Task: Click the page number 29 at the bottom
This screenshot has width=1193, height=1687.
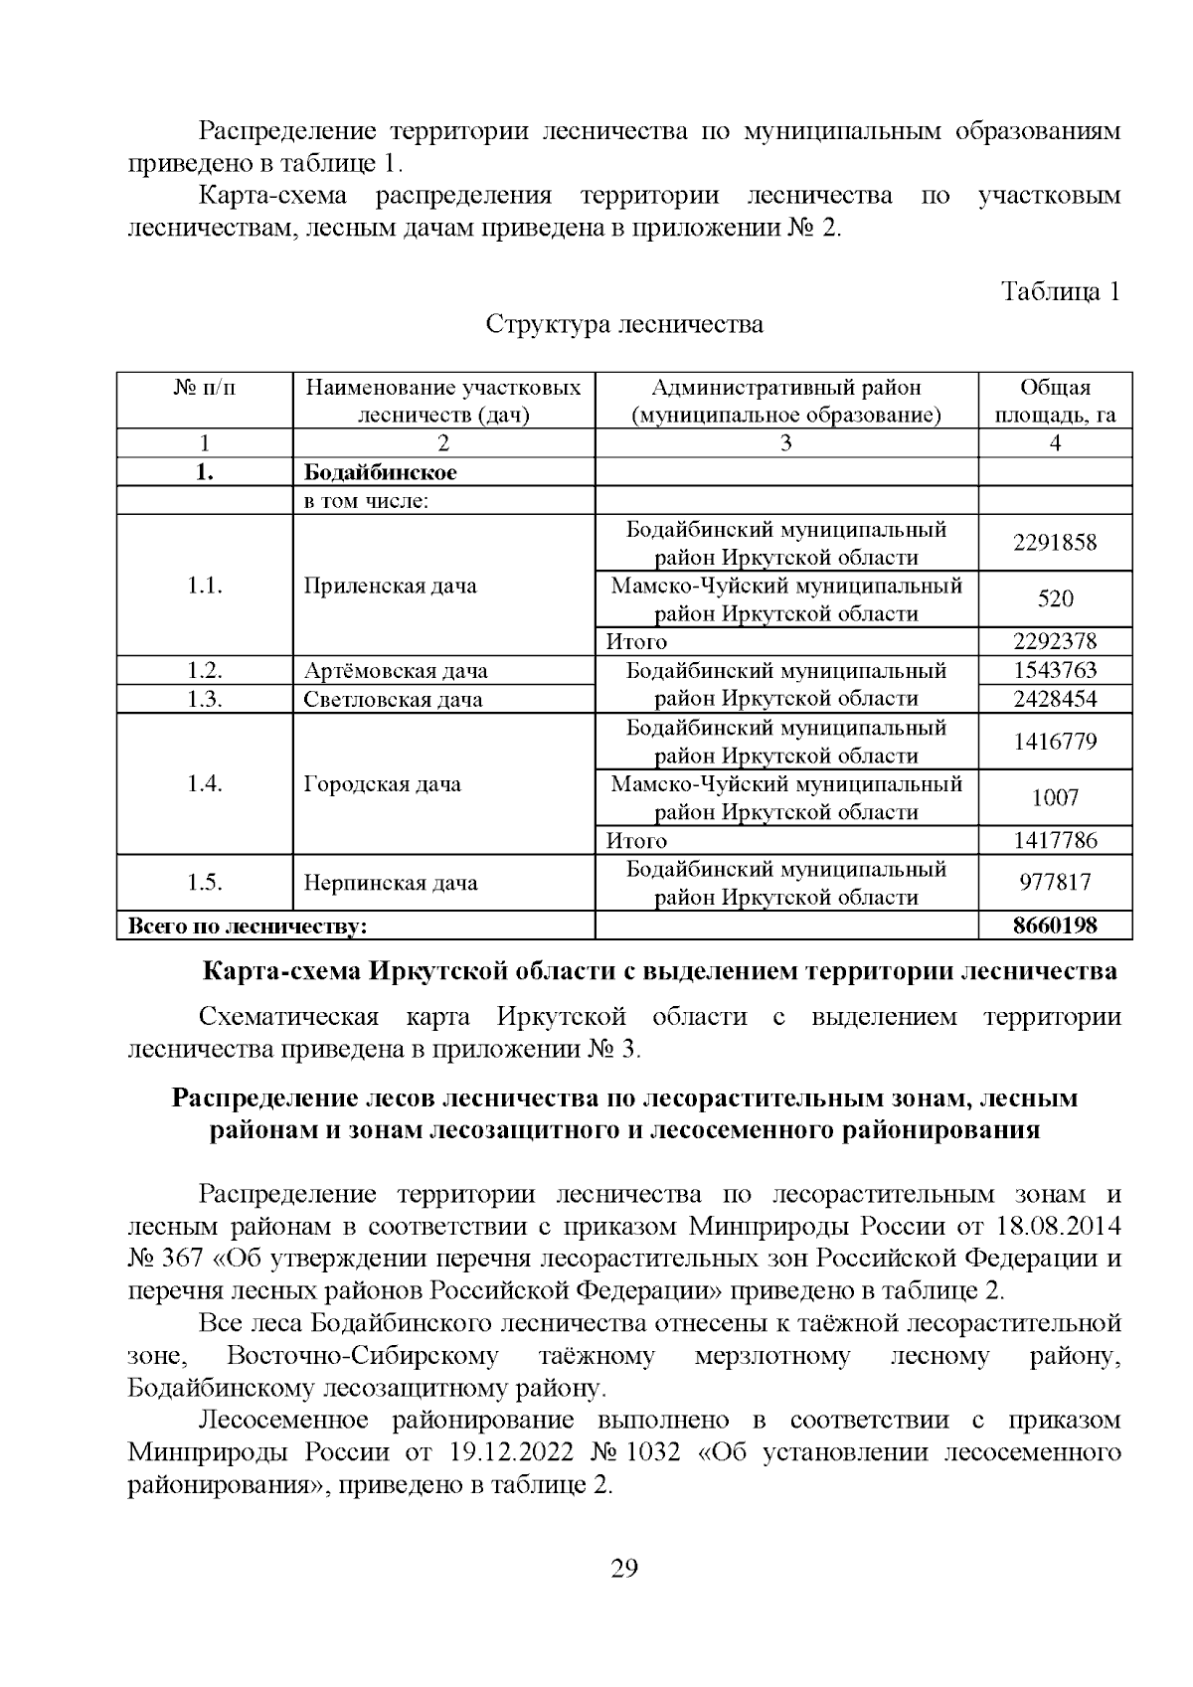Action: [623, 1569]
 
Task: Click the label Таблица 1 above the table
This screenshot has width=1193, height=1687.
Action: [1061, 291]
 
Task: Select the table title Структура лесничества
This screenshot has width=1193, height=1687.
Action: [624, 324]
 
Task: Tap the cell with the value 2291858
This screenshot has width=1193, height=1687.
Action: [1055, 543]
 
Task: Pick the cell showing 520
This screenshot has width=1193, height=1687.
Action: [1055, 598]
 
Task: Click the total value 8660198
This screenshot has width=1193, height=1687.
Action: [1055, 926]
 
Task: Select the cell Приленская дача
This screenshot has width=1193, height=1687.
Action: [390, 586]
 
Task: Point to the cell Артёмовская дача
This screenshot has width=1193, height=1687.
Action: [396, 671]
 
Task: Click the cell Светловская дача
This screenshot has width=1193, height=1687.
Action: [393, 699]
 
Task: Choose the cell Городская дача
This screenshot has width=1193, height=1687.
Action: [382, 784]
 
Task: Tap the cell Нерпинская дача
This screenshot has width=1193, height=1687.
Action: [390, 883]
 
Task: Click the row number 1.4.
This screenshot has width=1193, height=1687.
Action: [205, 784]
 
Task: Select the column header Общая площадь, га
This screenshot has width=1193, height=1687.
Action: [1055, 401]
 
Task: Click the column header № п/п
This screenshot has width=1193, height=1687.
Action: [205, 388]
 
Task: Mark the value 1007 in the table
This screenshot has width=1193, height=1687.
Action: [1055, 797]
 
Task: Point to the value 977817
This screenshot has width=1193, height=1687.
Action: [1055, 883]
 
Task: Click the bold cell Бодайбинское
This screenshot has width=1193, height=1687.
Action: [381, 472]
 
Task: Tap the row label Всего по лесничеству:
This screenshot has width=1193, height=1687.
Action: [243, 927]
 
